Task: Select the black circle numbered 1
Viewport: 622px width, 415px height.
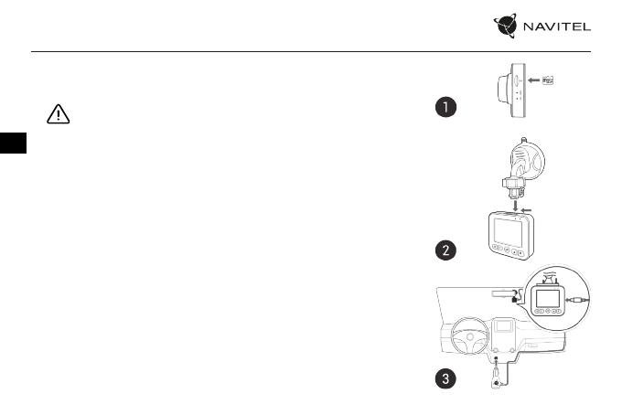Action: (445, 109)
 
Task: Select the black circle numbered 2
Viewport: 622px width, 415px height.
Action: (445, 250)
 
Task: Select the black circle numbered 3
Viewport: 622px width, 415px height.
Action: (445, 381)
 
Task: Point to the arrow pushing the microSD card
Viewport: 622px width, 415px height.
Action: (531, 80)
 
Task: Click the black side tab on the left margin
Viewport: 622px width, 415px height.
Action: (8, 144)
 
